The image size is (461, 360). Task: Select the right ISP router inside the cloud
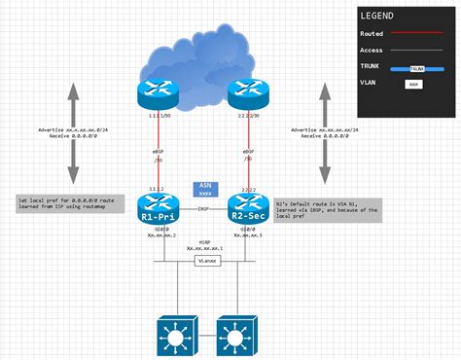pos(246,92)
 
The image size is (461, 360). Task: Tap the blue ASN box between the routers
pos(204,190)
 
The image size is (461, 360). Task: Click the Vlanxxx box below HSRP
pos(204,261)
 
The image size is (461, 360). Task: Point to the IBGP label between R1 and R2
pos(203,208)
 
